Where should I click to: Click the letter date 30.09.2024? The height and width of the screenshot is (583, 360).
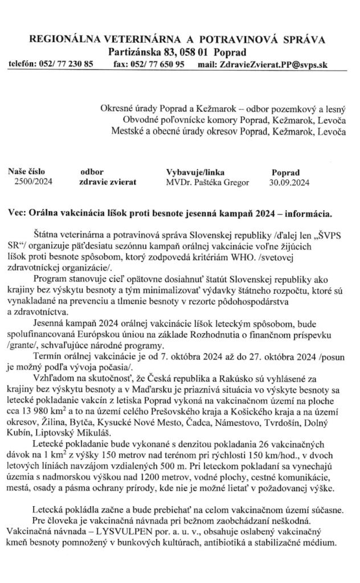289,183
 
